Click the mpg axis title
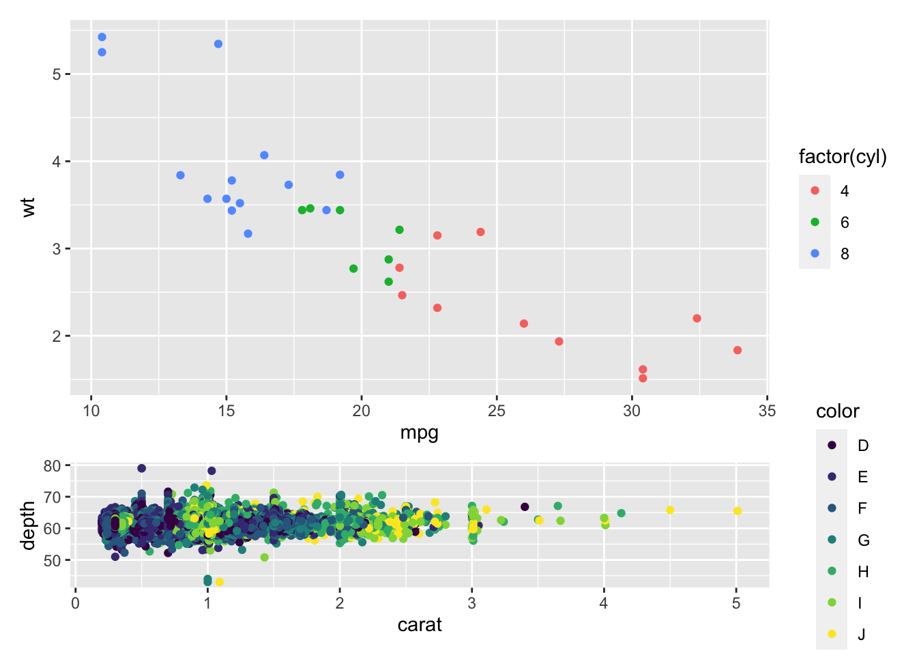pyautogui.click(x=419, y=433)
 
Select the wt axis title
pyautogui.click(x=28, y=207)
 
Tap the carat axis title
pyautogui.click(x=420, y=625)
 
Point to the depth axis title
pyautogui.click(x=28, y=525)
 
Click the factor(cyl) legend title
pyautogui.click(x=843, y=157)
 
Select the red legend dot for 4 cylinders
pyautogui.click(x=815, y=191)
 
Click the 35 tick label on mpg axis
pyautogui.click(x=767, y=411)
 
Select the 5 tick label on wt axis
pyautogui.click(x=56, y=74)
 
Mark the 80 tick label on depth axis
pyautogui.click(x=53, y=466)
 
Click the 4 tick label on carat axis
pyautogui.click(x=604, y=603)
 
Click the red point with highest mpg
pyautogui.click(x=738, y=351)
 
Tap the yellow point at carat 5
pyautogui.click(x=738, y=511)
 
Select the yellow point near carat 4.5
pyautogui.click(x=670, y=510)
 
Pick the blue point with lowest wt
pyautogui.click(x=248, y=234)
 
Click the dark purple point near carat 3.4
pyautogui.click(x=525, y=507)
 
